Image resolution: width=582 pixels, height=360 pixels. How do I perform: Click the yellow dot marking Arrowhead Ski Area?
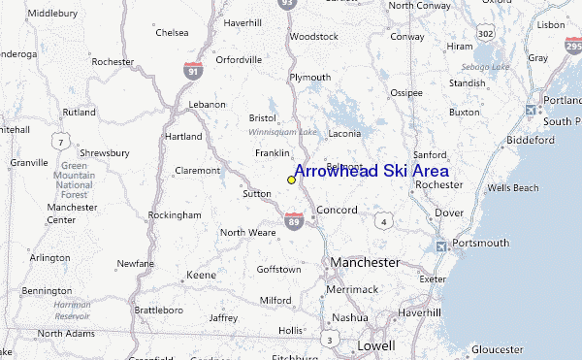pyautogui.click(x=291, y=180)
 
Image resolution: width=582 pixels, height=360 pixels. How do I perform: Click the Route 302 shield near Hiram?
pyautogui.click(x=486, y=34)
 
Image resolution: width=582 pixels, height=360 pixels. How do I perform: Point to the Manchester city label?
pyautogui.click(x=365, y=262)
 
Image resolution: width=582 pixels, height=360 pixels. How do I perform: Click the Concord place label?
pyautogui.click(x=338, y=210)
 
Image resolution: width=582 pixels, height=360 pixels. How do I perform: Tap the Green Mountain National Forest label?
pyautogui.click(x=75, y=180)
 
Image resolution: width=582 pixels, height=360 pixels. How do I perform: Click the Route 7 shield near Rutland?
pyautogui.click(x=60, y=143)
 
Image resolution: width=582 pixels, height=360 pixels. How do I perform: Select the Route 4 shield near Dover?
pyautogui.click(x=385, y=222)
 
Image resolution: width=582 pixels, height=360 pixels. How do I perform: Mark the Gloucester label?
pyautogui.click(x=497, y=349)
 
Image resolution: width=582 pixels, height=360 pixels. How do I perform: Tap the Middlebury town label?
pyautogui.click(x=53, y=14)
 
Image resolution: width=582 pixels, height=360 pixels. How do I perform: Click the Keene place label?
pyautogui.click(x=201, y=276)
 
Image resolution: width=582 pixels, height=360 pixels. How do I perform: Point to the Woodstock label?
pyautogui.click(x=314, y=37)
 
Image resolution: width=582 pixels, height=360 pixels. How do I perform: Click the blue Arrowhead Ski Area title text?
pyautogui.click(x=371, y=171)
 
